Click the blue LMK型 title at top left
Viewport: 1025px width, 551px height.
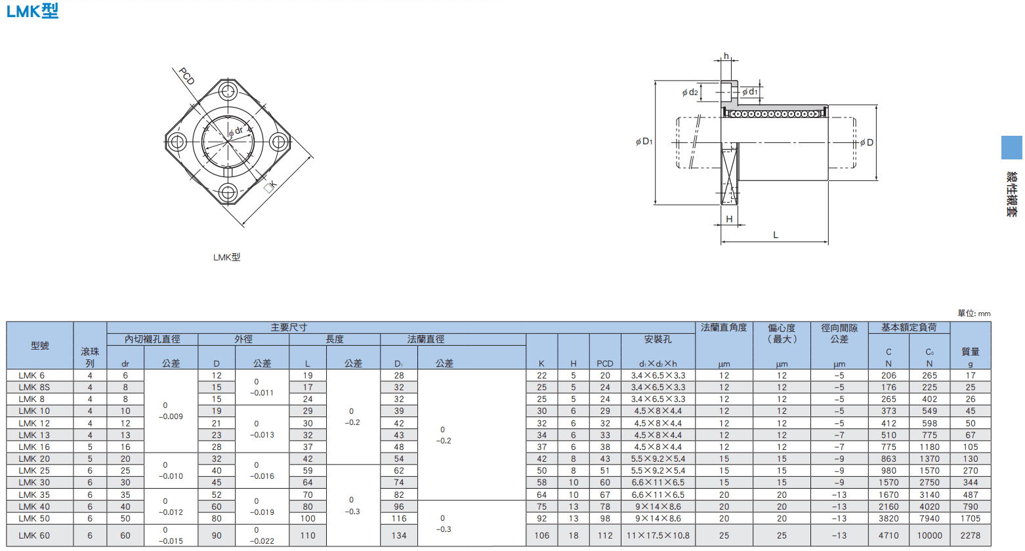[x=33, y=11]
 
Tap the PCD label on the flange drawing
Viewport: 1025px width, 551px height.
[x=187, y=76]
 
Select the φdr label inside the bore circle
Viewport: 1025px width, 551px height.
[x=236, y=132]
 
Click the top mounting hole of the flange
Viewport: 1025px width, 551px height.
[x=228, y=91]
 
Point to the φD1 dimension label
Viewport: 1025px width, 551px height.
[x=644, y=142]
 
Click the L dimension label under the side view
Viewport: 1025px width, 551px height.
[x=776, y=235]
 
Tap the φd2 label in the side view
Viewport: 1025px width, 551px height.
[x=690, y=92]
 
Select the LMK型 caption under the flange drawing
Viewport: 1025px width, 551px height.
[x=226, y=257]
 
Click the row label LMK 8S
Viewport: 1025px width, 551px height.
[x=34, y=387]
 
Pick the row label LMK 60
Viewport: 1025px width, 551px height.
[x=34, y=535]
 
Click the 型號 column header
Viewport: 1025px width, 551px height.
[x=40, y=346]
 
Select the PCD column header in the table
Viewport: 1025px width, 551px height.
[x=605, y=363]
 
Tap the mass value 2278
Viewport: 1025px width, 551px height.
[x=971, y=535]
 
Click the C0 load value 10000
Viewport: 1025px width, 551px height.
[x=929, y=535]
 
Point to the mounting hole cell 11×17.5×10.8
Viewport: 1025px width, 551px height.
[x=658, y=535]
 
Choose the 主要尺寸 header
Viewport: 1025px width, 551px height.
[x=289, y=327]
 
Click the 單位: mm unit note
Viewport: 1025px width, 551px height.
[x=974, y=314]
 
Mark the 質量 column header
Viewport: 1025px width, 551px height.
[x=971, y=352]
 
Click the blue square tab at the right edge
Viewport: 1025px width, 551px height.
[x=1012, y=148]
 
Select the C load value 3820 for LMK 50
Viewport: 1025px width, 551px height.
[x=889, y=519]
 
